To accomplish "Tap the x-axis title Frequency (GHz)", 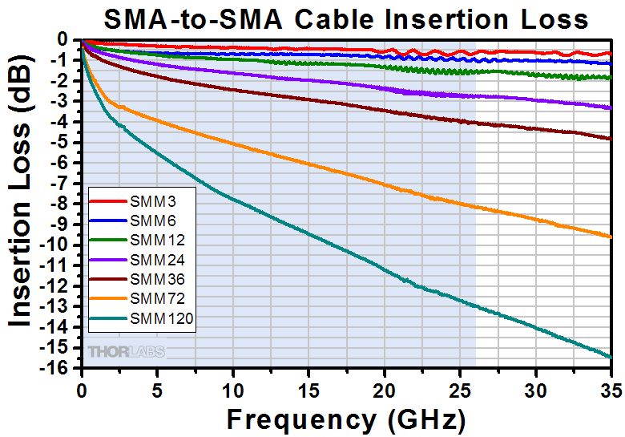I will [x=345, y=419].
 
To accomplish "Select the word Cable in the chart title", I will [x=343, y=18].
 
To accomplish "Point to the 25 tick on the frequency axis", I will [x=460, y=384].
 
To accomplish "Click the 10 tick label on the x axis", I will [x=233, y=384].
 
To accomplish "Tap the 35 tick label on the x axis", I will [x=610, y=384].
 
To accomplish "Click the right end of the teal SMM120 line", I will [x=611, y=357].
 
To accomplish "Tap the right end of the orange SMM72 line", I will [x=611, y=236].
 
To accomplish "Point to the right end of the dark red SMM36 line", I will [x=611, y=139].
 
